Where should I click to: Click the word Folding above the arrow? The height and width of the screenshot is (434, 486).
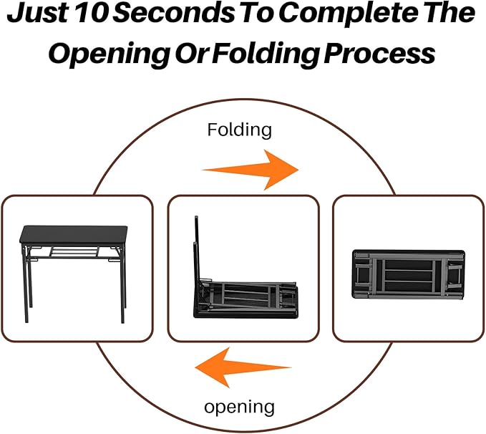coord(240,130)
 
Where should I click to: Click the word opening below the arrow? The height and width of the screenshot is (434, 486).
coord(239,407)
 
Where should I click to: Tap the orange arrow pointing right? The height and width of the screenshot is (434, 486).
coord(251,170)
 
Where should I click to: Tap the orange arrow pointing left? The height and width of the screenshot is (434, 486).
coord(243,368)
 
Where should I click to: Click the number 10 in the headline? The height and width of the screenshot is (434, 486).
coord(117,15)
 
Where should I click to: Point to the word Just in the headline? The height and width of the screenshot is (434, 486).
coord(48,15)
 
